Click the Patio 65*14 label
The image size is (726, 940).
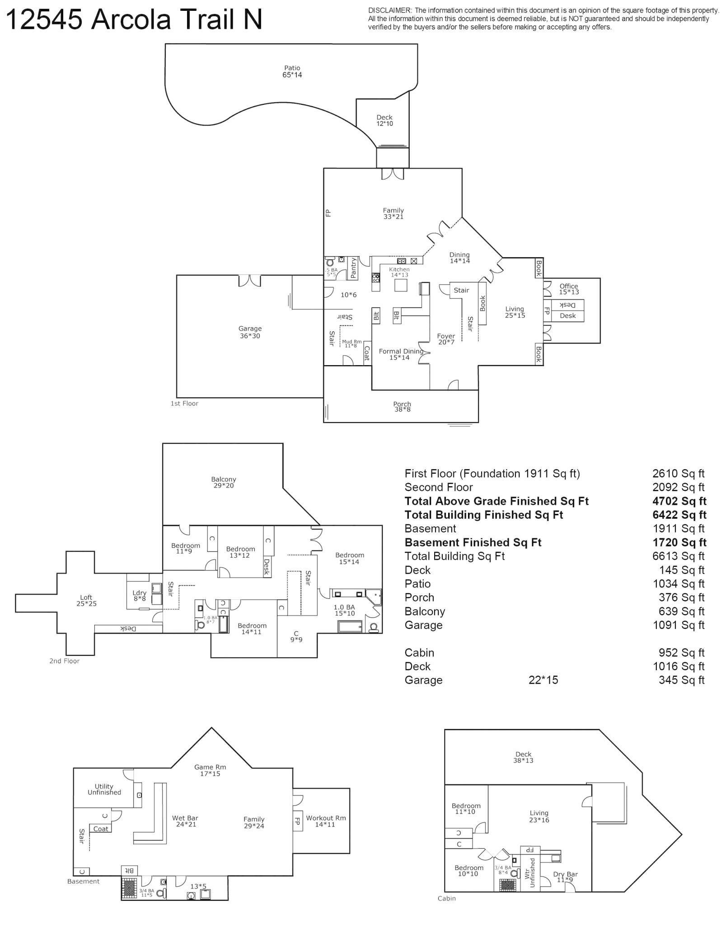coord(292,72)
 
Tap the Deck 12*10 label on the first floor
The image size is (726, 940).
coord(384,120)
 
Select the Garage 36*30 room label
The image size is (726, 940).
coord(250,332)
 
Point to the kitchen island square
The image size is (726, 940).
coord(400,285)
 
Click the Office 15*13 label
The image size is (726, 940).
coord(568,289)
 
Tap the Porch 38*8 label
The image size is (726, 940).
coord(402,407)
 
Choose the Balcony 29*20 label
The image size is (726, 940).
coord(224,482)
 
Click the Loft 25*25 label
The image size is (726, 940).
coord(86,600)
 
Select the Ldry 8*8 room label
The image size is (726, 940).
coord(139,596)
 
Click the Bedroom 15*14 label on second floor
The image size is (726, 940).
coord(349,558)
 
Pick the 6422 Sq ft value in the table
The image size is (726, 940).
coord(676,515)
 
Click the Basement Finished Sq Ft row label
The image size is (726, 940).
coord(473,542)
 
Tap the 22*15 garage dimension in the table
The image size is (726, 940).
coord(543,680)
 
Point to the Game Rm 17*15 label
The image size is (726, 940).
coord(210,770)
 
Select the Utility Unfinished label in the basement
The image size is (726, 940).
coord(104,789)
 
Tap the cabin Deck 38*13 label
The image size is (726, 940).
coord(523,757)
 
